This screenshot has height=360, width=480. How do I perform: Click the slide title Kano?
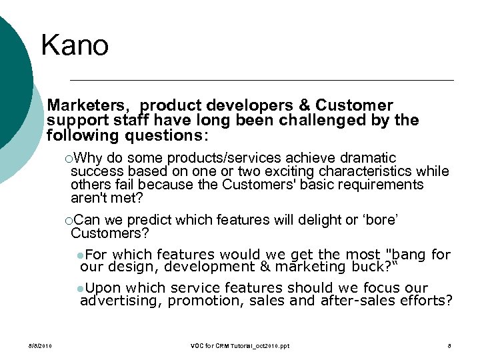(x=74, y=45)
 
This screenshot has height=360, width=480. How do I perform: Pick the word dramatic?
(x=368, y=158)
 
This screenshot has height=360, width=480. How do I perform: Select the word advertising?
(x=121, y=301)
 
